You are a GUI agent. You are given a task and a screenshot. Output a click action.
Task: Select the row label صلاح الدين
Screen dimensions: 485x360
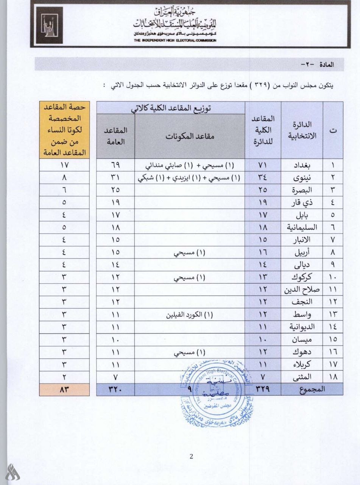click(x=302, y=290)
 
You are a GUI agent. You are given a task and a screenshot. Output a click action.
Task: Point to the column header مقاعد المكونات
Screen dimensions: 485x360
click(x=189, y=136)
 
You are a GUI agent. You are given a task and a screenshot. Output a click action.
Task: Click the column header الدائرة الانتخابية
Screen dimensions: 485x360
click(x=302, y=130)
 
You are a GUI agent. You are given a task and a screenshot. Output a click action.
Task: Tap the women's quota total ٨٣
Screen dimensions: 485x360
click(x=64, y=390)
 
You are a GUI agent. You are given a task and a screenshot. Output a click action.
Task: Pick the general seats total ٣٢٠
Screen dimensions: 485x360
click(x=115, y=390)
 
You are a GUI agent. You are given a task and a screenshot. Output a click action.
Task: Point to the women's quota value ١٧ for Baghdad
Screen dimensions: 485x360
click(x=64, y=166)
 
